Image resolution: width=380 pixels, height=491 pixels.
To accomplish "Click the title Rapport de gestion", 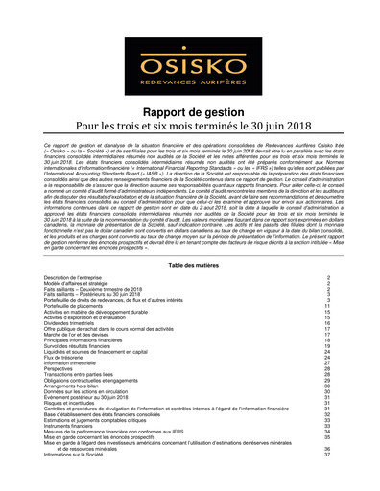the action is pyautogui.click(x=189, y=112).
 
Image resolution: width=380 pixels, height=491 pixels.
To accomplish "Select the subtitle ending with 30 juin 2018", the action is pyautogui.click(x=189, y=129).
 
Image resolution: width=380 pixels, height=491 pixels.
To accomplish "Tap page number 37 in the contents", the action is pyautogui.click(x=328, y=455).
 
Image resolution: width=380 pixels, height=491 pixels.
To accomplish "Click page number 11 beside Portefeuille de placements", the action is pyautogui.click(x=328, y=306).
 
